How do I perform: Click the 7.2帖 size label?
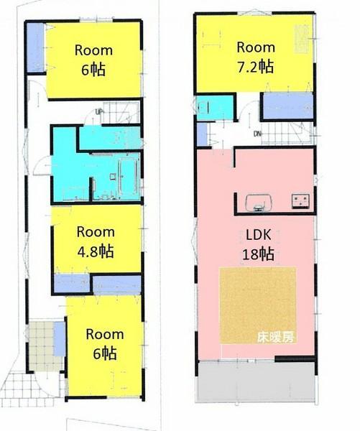(256, 67)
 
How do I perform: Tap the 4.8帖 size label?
(96, 251)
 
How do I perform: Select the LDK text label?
(255, 235)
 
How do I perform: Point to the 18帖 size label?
(255, 254)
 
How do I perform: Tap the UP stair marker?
(98, 111)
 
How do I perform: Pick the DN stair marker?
(257, 134)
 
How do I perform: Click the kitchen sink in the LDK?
(257, 202)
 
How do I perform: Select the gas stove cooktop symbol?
(300, 200)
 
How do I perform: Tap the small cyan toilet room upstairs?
(214, 108)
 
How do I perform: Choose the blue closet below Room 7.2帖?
(286, 106)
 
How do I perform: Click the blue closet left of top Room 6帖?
(35, 48)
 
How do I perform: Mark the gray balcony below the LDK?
(255, 381)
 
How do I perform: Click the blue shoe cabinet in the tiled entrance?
(59, 339)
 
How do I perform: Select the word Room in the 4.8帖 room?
(96, 232)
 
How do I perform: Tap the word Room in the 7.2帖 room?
(256, 47)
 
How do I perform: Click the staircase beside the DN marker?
(291, 133)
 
